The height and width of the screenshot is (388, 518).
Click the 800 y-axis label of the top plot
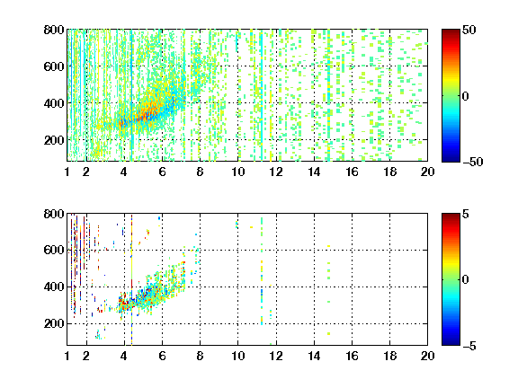tap(54, 30)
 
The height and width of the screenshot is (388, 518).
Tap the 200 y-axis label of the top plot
tap(54, 140)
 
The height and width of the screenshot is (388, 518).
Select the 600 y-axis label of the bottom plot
tap(54, 250)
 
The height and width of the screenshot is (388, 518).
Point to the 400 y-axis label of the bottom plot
tap(54, 287)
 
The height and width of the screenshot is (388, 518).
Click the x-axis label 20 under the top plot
tap(427, 172)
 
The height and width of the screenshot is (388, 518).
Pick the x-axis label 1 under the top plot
tap(67, 172)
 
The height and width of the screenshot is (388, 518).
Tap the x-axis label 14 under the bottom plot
tap(314, 356)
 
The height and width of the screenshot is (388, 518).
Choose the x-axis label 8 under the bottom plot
tap(200, 356)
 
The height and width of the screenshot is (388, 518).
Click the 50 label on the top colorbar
tap(469, 30)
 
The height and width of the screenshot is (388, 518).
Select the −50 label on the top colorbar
tap(473, 162)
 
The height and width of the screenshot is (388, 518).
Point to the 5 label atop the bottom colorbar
tap(466, 214)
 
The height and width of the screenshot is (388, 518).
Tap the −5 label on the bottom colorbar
tap(469, 346)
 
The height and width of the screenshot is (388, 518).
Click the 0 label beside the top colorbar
tap(466, 96)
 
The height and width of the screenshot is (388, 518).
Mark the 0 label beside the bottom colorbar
tap(466, 280)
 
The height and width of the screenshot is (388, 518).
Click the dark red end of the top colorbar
tap(451, 31)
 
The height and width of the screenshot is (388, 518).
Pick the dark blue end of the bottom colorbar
tap(451, 343)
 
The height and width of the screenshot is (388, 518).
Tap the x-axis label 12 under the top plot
tap(276, 172)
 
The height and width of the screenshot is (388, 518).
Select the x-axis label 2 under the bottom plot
tap(86, 356)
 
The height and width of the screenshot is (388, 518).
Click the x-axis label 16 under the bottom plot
tap(352, 356)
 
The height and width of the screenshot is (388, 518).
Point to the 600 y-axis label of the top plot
tap(54, 66)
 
